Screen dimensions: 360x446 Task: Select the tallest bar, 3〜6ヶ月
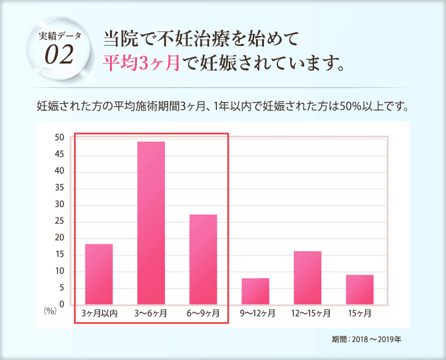(x=151, y=223)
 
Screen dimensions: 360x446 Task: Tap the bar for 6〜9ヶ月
(x=203, y=259)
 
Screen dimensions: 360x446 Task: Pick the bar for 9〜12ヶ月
(x=255, y=291)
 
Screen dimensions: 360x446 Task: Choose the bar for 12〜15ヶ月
(x=307, y=277)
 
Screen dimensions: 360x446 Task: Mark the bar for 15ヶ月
(x=359, y=289)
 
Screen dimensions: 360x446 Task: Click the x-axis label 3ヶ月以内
(x=99, y=314)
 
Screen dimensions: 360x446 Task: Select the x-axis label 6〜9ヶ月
(x=203, y=314)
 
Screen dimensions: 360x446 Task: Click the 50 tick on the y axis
(x=59, y=138)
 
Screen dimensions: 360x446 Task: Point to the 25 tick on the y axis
(x=59, y=221)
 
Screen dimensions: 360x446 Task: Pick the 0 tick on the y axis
(x=62, y=304)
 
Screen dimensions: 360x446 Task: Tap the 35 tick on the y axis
(x=59, y=188)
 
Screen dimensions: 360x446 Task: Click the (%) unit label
(x=50, y=310)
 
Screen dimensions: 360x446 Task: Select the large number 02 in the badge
(x=59, y=56)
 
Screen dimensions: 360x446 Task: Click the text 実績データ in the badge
(x=59, y=37)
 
